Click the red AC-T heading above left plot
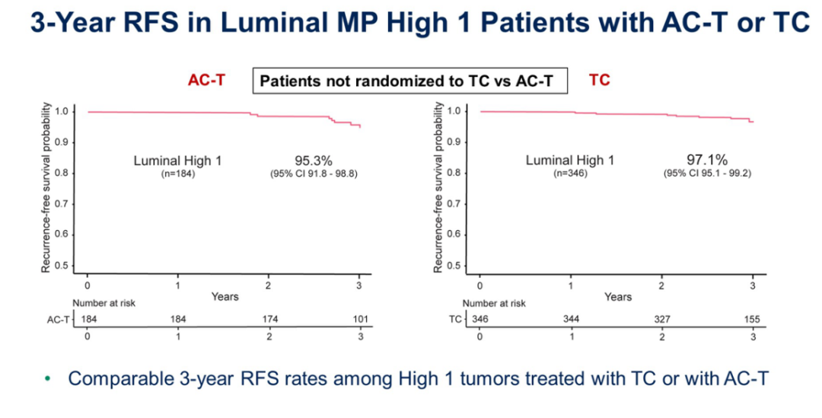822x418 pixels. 207,80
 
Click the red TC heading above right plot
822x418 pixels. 600,80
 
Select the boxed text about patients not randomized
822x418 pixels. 410,81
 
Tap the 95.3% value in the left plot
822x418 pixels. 314,160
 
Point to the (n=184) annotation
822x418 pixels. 177,174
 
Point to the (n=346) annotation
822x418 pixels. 570,174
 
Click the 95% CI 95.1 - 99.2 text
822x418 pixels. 708,174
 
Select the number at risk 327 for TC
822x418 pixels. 662,318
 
